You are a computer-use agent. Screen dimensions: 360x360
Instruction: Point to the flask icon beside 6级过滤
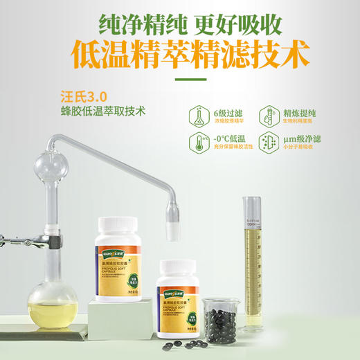pyautogui.click(x=199, y=114)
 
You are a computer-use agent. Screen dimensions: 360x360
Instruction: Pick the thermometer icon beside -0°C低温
pyautogui.click(x=199, y=142)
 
